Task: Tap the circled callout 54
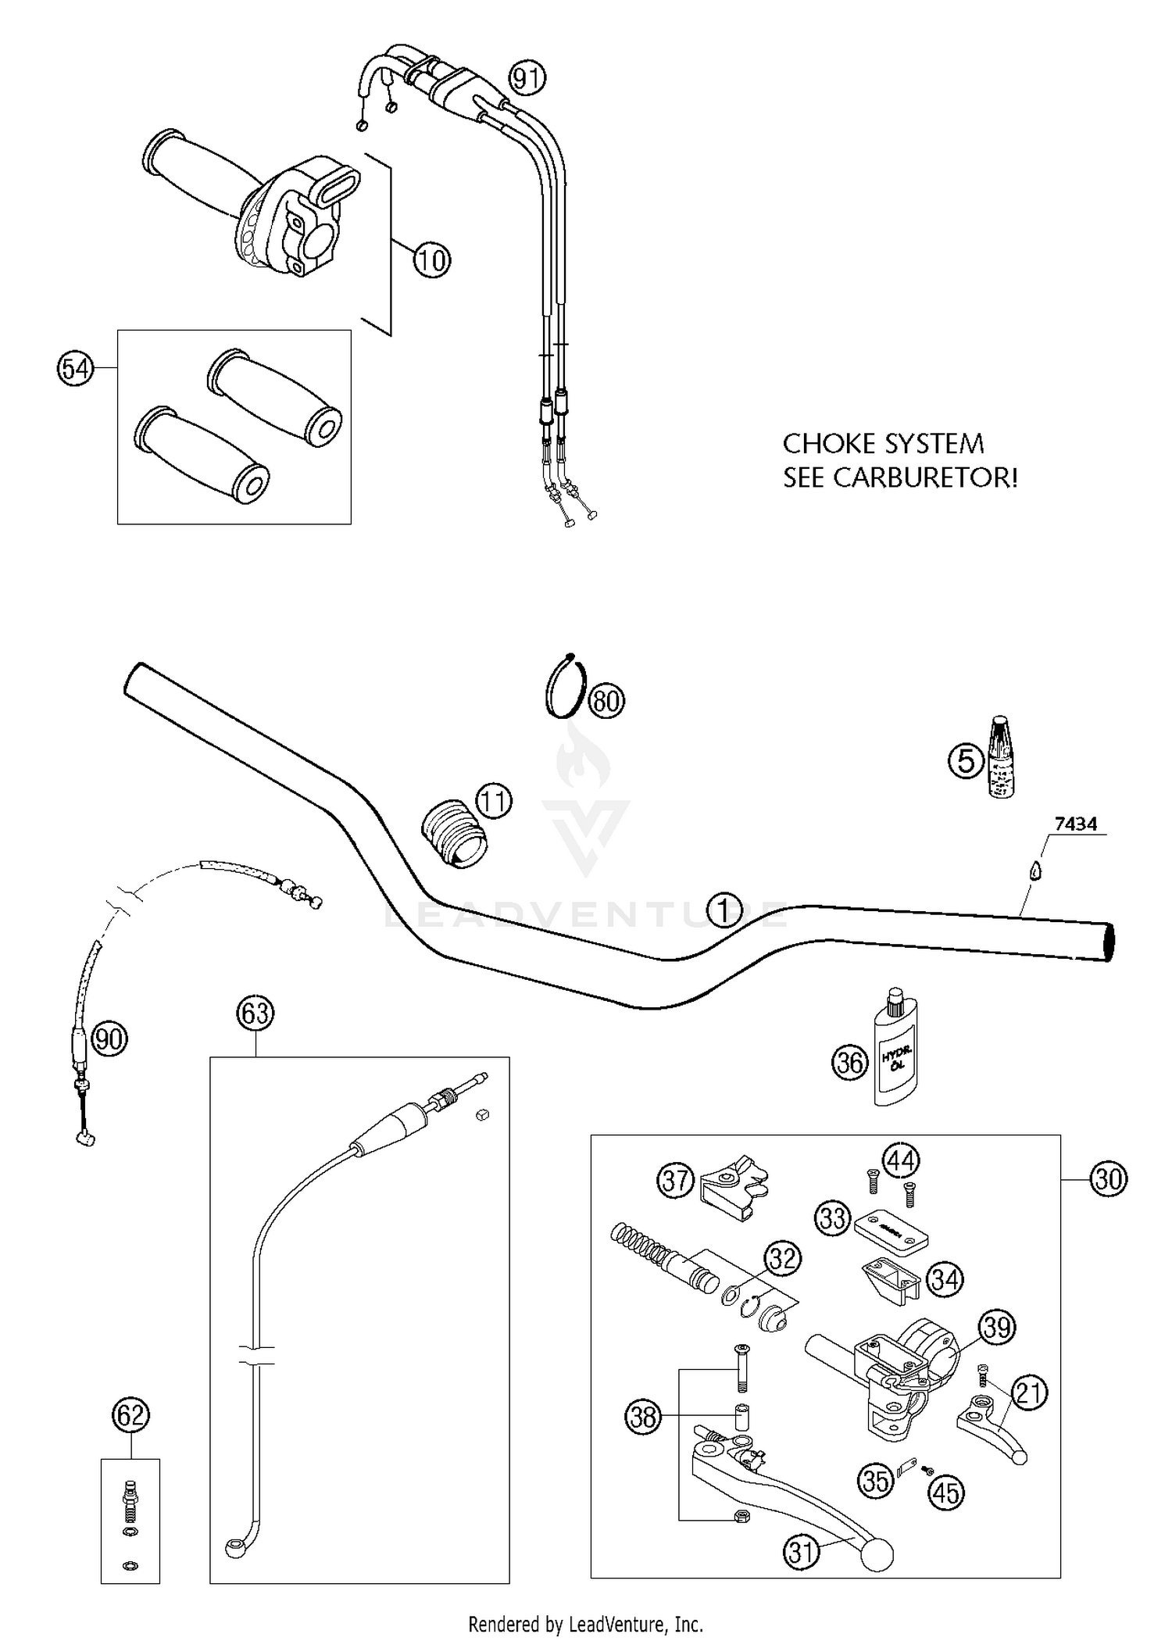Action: [76, 368]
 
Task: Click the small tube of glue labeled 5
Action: [1000, 756]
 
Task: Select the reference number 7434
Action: [1075, 823]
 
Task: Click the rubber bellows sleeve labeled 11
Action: [455, 833]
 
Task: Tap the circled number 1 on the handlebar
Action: [724, 910]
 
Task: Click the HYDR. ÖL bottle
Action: [895, 1051]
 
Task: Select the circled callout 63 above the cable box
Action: [255, 1013]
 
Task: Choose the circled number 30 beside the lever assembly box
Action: [1108, 1178]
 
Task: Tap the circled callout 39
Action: [997, 1327]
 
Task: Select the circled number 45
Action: [946, 1493]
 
